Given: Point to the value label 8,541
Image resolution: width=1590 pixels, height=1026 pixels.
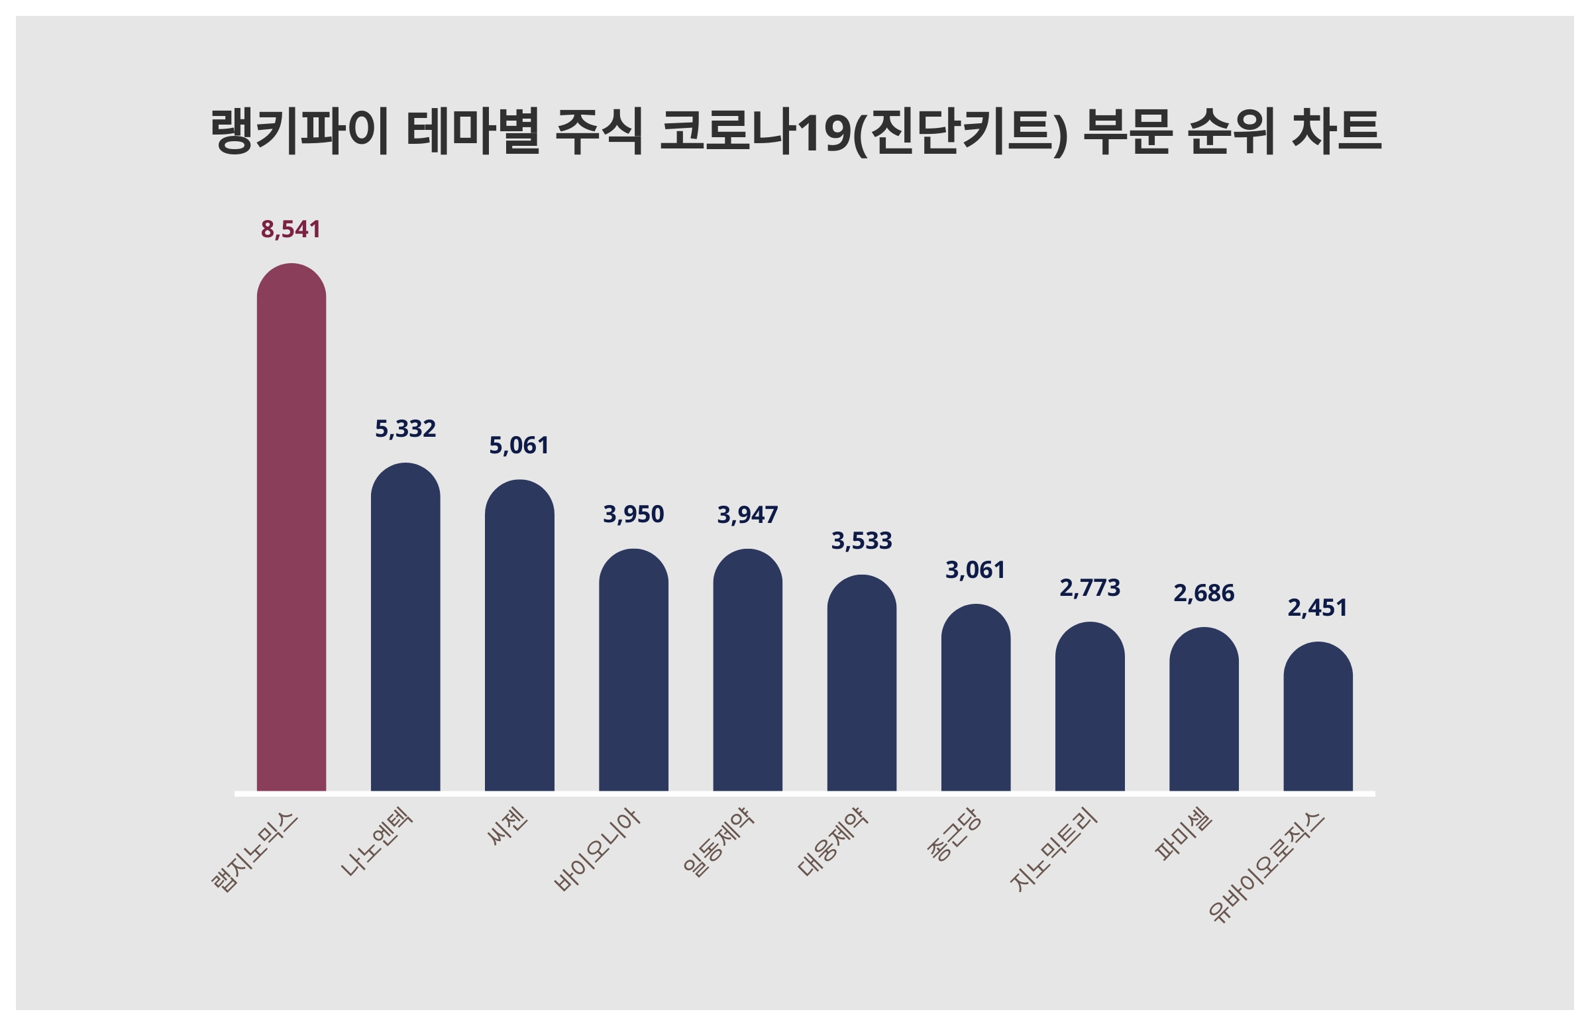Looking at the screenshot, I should coord(291,229).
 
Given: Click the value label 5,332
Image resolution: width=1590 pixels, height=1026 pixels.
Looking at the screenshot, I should coord(405,429).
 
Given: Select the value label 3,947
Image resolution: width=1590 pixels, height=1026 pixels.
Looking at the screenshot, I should coord(747,515).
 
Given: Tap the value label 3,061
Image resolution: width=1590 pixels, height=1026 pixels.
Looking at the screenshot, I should coord(975,570).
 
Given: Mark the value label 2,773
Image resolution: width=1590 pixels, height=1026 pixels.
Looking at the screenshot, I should coord(1089,589).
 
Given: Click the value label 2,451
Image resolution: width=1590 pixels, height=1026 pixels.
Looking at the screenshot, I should coord(1318,608).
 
